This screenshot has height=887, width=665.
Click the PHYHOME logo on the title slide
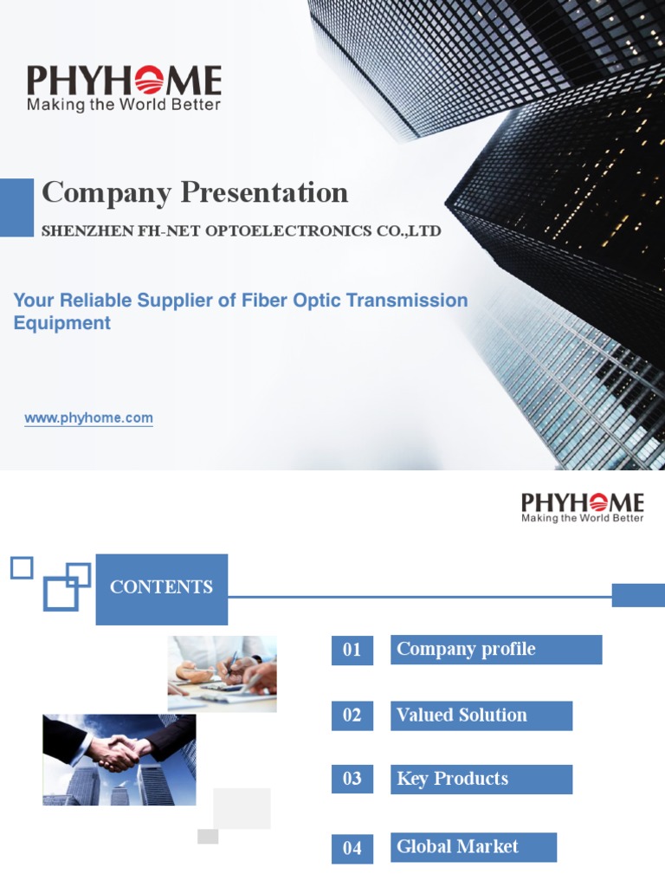coord(124,81)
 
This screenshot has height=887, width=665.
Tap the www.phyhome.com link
coord(88,418)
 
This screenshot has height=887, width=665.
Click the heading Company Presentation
coord(195,192)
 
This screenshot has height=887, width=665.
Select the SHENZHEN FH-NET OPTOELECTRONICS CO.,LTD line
coord(242,231)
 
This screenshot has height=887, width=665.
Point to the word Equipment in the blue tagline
coord(62,323)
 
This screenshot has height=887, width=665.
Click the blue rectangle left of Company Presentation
coord(16,207)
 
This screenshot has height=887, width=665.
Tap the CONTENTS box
coord(161,588)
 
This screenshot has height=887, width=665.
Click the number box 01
coord(352,650)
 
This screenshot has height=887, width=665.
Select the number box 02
coord(352,715)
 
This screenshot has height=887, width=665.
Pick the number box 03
coord(352,779)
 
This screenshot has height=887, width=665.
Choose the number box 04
coord(352,848)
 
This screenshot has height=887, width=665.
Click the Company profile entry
coord(495,650)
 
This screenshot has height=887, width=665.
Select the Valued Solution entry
coord(481,715)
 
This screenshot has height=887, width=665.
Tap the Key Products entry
coord(481,779)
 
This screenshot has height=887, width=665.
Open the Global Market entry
coord(473,847)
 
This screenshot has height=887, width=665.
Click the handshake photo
coord(119,760)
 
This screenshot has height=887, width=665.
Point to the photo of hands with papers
coord(222,674)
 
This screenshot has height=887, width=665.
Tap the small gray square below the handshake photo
coord(208,836)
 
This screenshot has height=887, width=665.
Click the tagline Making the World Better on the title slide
coord(124,106)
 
